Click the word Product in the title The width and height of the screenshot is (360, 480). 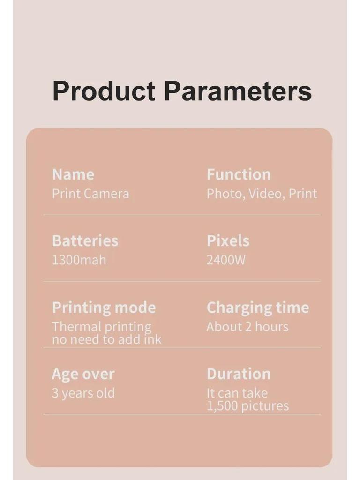click(104, 91)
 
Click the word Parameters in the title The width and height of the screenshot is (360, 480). click(238, 91)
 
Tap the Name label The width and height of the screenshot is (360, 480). click(73, 174)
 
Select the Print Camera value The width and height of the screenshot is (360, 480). click(90, 194)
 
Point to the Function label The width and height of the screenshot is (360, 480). click(239, 174)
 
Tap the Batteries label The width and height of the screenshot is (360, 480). click(85, 240)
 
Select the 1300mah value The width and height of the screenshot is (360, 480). click(79, 260)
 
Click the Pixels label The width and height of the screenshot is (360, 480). click(228, 240)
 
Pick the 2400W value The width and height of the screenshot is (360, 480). click(226, 260)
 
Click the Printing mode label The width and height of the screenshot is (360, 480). click(104, 307)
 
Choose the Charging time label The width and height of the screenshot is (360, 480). click(258, 307)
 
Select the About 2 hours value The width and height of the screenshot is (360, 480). click(247, 327)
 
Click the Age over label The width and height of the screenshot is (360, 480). click(83, 374)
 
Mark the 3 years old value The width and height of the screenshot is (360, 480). click(83, 393)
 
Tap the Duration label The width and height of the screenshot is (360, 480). click(239, 374)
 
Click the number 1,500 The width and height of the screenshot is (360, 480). click(222, 406)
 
